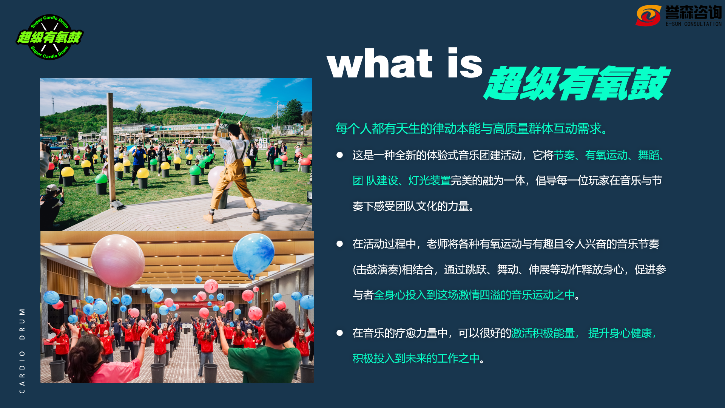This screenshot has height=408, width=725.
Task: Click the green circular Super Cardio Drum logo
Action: click(49, 37)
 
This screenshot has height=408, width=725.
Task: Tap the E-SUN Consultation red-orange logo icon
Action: click(648, 15)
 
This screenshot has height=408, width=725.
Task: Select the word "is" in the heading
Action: click(465, 63)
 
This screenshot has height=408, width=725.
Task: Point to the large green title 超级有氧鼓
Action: click(577, 83)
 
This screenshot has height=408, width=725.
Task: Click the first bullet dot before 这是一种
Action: click(339, 155)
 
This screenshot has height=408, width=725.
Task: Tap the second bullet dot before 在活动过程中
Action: click(339, 244)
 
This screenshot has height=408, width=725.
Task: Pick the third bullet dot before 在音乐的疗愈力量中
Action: click(339, 333)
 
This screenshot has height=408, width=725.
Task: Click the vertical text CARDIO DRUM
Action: click(22, 350)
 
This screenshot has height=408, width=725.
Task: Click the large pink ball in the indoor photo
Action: click(118, 261)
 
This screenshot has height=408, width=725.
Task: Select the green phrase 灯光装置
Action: click(429, 181)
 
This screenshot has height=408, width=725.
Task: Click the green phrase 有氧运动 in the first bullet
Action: click(606, 155)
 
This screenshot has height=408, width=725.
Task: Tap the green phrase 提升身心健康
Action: click(620, 333)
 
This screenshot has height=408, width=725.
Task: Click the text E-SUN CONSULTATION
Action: click(693, 24)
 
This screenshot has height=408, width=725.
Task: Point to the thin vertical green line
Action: click(22, 270)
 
